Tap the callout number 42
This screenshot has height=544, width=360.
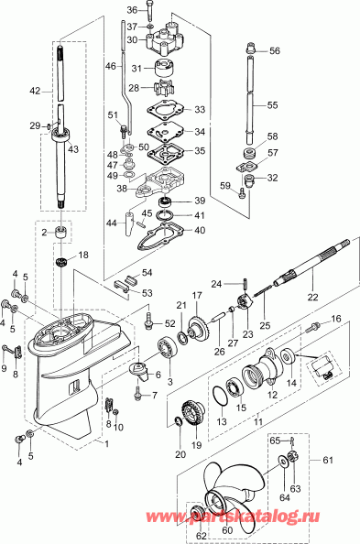coord(35,91)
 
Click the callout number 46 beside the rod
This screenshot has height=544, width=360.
coord(111,67)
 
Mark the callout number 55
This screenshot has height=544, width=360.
coord(273,106)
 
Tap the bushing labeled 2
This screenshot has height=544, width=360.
coord(62,234)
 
